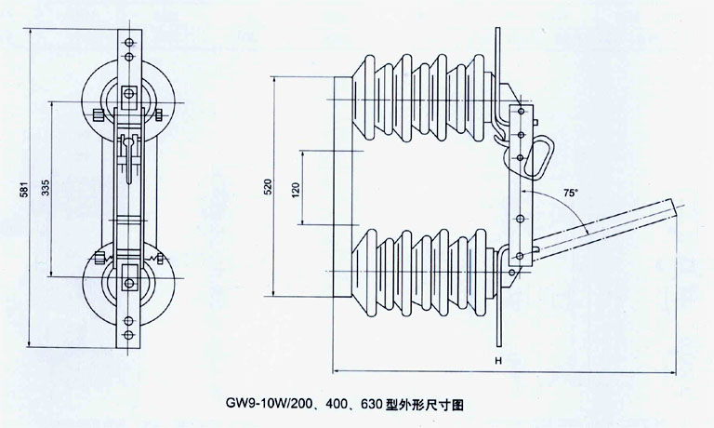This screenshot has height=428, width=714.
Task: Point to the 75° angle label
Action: click(x=571, y=193)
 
